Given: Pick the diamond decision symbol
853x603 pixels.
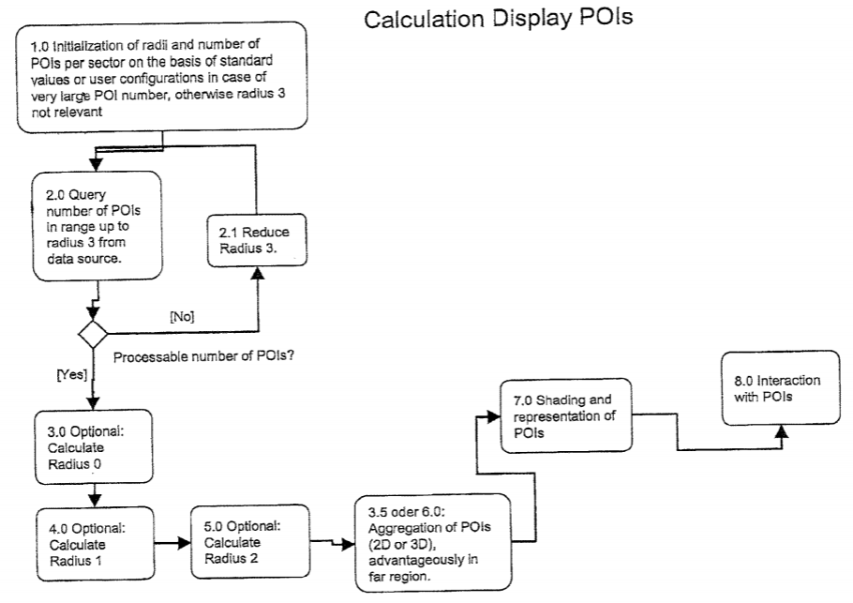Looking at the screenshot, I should [x=93, y=333].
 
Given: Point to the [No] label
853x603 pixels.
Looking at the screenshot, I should [x=183, y=316].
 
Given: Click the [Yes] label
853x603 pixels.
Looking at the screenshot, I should [x=72, y=374].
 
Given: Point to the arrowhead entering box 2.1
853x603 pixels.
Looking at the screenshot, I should [x=256, y=273].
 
